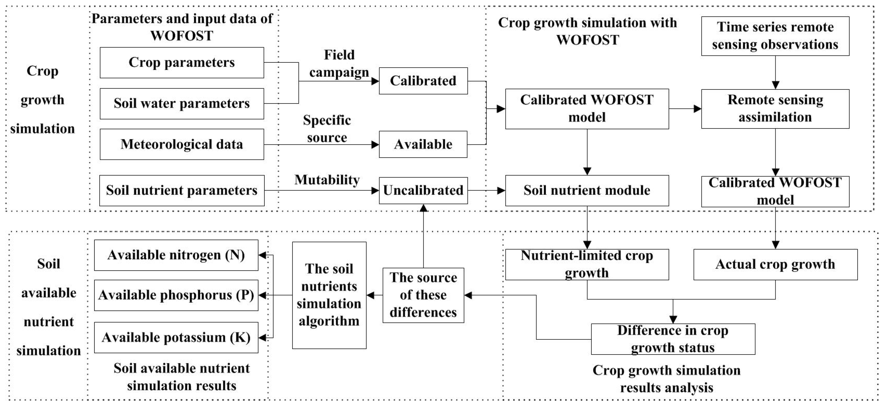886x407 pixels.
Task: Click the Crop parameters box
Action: (x=182, y=63)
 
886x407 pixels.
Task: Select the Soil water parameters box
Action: (x=182, y=104)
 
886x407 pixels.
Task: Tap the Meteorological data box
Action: (x=182, y=144)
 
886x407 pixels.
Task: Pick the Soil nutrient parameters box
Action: (x=182, y=190)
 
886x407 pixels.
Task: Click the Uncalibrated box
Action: (x=423, y=190)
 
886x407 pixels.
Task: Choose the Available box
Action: (x=423, y=144)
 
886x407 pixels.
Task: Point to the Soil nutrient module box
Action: (x=587, y=190)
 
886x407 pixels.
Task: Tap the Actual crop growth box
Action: (x=775, y=264)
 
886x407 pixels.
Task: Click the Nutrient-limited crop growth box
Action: (x=587, y=264)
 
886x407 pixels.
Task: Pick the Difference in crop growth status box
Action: (x=673, y=339)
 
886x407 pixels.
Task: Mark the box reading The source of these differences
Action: (x=423, y=295)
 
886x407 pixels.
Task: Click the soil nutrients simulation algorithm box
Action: (x=329, y=295)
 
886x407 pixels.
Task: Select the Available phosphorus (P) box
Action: (x=176, y=295)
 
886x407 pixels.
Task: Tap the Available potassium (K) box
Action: (x=176, y=337)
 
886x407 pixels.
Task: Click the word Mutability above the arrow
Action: (x=327, y=180)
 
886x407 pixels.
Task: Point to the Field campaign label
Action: (x=339, y=64)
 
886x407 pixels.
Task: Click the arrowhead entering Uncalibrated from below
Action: (x=423, y=208)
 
